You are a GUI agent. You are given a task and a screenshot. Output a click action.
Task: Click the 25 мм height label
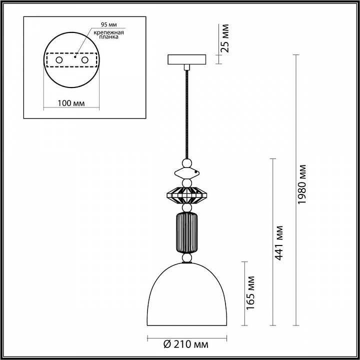tap(225, 37)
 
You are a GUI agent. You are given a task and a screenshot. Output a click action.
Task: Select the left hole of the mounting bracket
tap(59, 60)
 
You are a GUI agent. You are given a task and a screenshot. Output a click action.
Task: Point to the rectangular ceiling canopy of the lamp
tap(186, 59)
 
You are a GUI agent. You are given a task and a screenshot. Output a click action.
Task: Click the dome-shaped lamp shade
tap(186, 300)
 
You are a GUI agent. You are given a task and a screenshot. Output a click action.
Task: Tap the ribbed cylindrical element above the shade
tap(186, 233)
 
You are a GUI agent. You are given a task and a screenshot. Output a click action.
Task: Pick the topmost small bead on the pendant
tap(186, 163)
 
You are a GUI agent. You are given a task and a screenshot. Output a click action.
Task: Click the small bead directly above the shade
tap(186, 258)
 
